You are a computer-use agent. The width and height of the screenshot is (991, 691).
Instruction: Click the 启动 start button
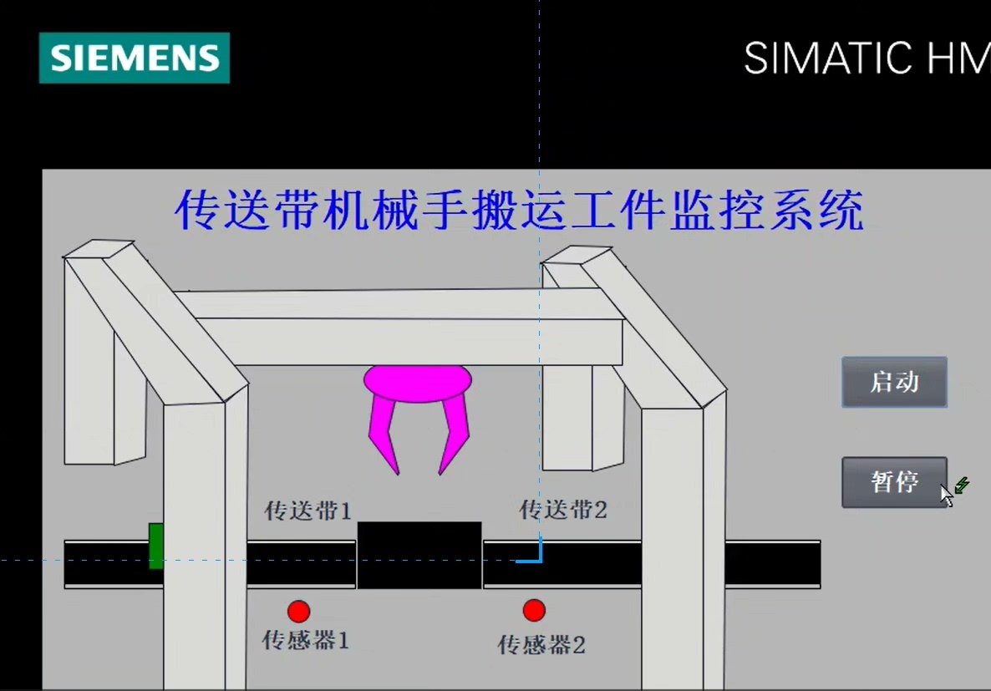point(894,383)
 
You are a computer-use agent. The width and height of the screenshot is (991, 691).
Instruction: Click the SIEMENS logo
point(135,58)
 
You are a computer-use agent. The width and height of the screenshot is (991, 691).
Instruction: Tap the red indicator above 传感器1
point(298,612)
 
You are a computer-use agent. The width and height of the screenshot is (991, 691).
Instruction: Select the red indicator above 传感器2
point(534,611)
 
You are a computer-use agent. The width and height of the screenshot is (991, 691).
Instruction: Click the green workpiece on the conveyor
point(155,546)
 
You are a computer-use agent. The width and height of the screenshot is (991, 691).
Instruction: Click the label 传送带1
point(307,511)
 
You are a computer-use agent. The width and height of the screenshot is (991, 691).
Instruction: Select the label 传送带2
point(563,509)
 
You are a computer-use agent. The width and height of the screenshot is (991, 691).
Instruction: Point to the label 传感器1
point(306,641)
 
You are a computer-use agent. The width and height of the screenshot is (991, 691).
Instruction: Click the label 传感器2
point(541,645)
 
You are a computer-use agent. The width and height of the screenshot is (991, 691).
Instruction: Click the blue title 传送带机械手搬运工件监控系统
point(519,211)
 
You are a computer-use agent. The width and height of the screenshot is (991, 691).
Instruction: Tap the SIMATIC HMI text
point(866,58)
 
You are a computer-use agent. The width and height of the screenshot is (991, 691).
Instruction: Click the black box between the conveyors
point(419,555)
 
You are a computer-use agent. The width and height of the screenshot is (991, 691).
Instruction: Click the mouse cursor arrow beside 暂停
point(946,495)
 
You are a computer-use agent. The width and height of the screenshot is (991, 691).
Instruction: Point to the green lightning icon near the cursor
point(963,485)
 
